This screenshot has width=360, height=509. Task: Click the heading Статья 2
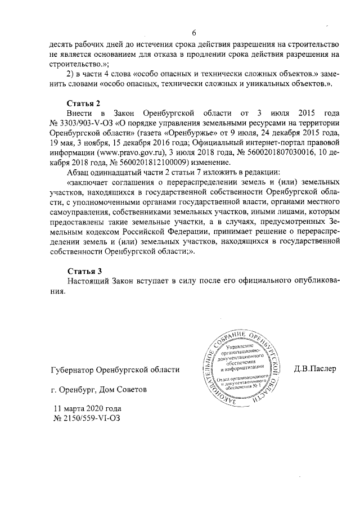click(x=83, y=103)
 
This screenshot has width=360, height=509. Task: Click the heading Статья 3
click(x=83, y=271)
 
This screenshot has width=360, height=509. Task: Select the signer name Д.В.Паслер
click(x=314, y=369)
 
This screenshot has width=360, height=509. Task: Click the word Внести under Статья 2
click(x=80, y=113)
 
